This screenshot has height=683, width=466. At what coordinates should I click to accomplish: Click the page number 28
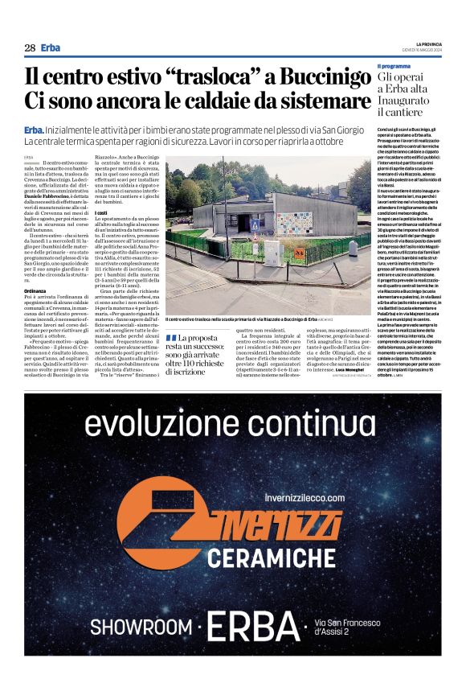tap(30, 47)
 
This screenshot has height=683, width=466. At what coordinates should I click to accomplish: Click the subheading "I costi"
tap(102, 212)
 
